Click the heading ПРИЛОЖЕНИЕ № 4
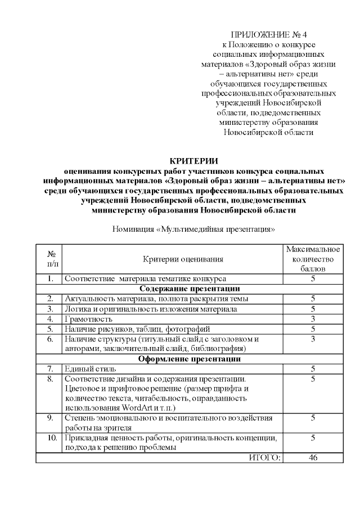coord(269,34)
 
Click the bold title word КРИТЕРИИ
coord(193,161)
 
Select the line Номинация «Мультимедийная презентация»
coord(193,229)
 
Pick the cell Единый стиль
coord(83,368)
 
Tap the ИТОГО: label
coord(264,458)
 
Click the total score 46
coord(313,458)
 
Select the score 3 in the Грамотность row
coord(313,319)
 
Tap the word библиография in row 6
coord(214,348)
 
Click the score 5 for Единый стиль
coord(313,368)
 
